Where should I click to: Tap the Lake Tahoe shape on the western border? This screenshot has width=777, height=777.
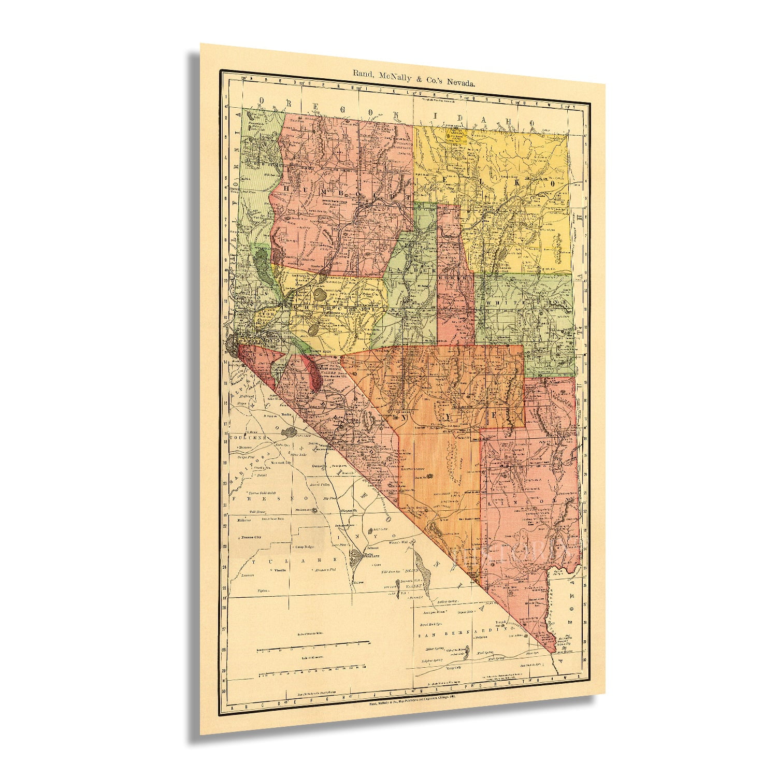(231, 344)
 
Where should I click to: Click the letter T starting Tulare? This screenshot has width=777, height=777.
(254, 561)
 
